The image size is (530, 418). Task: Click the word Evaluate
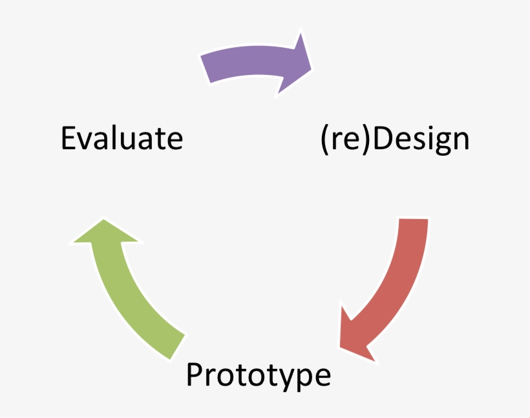point(122,138)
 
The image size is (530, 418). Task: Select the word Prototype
point(259,375)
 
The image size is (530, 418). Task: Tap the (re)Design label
point(394,140)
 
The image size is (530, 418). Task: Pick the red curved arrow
point(394,284)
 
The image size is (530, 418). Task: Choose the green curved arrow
point(136,291)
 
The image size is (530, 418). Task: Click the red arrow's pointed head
point(352,339)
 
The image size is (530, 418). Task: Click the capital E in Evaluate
point(69,138)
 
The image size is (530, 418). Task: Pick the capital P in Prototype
point(194,375)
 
